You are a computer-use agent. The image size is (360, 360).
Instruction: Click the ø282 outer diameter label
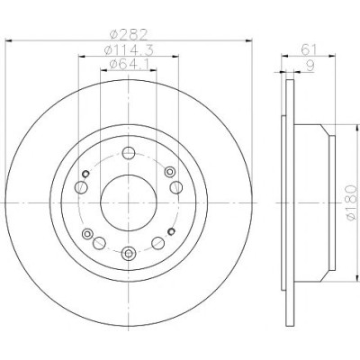[129, 35]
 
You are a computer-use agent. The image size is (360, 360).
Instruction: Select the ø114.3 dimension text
[129, 50]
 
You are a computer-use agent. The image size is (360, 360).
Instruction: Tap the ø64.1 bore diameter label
[129, 64]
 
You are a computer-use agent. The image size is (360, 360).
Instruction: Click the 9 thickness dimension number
[310, 66]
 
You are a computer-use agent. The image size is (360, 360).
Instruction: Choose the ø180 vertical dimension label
[352, 203]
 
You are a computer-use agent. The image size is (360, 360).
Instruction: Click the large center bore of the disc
[129, 203]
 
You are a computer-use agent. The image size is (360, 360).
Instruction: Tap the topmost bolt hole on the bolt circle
[129, 153]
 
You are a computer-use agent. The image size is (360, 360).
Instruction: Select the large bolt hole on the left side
[81, 187]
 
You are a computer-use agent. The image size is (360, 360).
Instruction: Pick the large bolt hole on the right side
[176, 187]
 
